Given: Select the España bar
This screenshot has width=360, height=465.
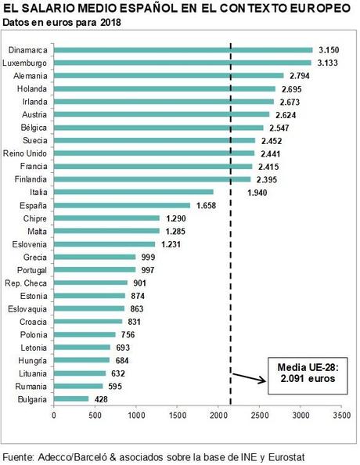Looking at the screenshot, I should point(121,205).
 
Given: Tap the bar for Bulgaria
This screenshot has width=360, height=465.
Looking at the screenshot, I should point(70,399).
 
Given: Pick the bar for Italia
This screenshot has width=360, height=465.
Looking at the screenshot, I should point(133,192).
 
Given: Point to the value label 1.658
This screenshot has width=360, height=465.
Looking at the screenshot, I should point(205,205).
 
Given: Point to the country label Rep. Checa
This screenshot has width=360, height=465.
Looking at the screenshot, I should point(27,283).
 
